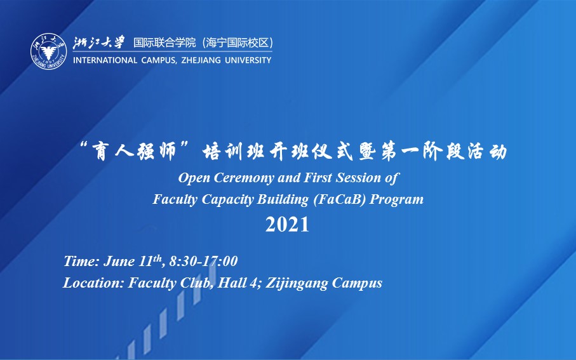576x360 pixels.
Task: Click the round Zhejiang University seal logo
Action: tap(49, 52)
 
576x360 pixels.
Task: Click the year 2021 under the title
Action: tap(287, 225)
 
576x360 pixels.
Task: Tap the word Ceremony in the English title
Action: tap(244, 178)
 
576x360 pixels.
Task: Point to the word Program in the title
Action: tap(397, 200)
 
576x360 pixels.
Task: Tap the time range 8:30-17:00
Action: tap(203, 261)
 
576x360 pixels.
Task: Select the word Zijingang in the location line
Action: tap(297, 284)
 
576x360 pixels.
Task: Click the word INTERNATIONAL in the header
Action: tap(105, 60)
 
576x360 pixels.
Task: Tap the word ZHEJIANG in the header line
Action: tap(201, 60)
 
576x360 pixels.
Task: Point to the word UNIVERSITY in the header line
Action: tap(248, 60)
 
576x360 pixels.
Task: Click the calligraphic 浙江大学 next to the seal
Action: tap(99, 43)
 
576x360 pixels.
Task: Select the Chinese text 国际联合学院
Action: tap(164, 43)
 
